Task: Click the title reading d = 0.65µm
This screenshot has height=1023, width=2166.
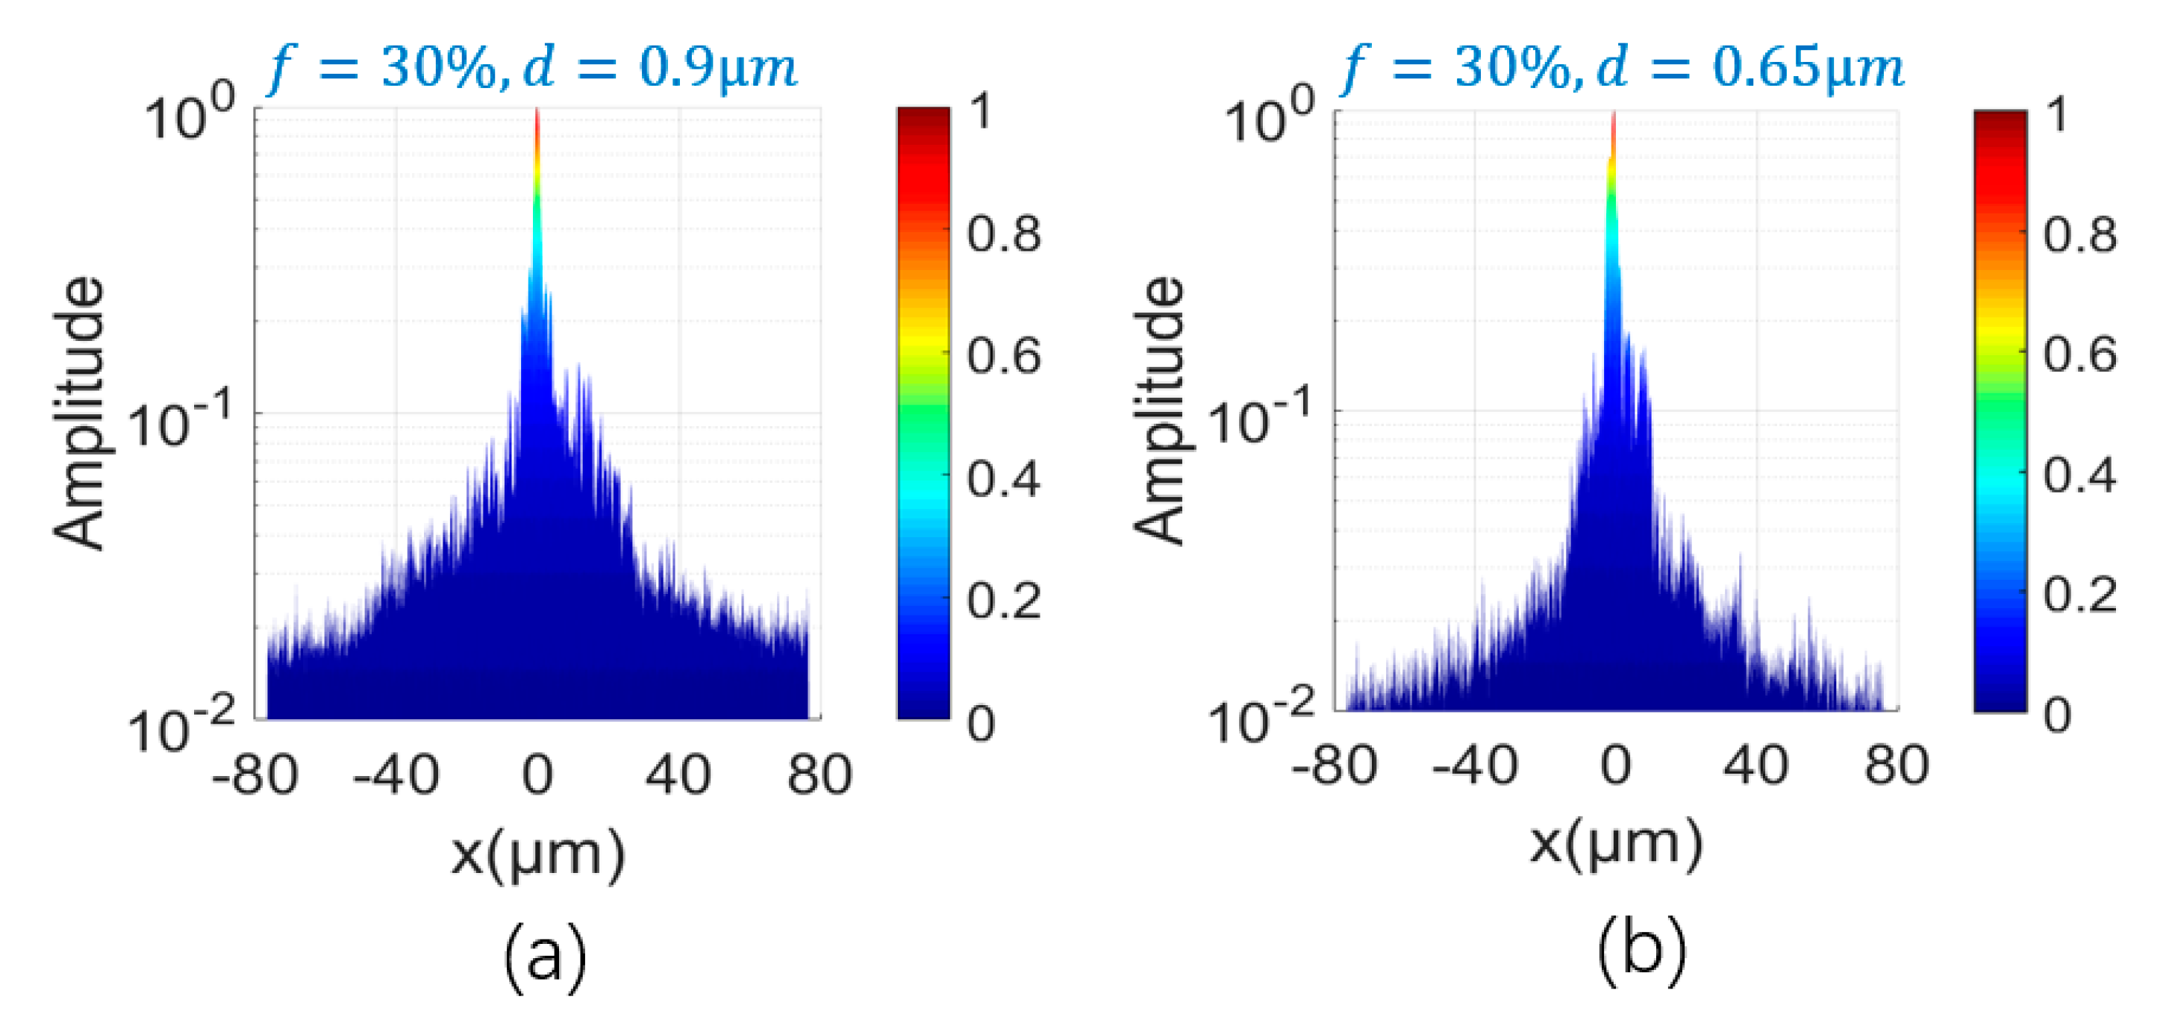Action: coord(1622,67)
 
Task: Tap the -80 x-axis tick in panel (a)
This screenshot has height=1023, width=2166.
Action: coord(255,775)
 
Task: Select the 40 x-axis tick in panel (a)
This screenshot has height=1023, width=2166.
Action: coord(678,775)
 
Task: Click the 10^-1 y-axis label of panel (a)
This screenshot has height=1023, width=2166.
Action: coord(181,422)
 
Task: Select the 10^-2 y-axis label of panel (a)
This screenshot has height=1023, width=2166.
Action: coord(181,728)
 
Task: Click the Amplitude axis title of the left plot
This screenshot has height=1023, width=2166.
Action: coord(80,413)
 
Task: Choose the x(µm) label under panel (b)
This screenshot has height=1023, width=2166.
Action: coord(1615,845)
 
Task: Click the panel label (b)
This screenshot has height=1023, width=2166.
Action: coord(1641,950)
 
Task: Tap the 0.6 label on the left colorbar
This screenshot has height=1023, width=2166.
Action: coord(1003,357)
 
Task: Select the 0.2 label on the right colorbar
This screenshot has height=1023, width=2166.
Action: coord(2079,595)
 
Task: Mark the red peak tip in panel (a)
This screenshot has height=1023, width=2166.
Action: coord(537,118)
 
